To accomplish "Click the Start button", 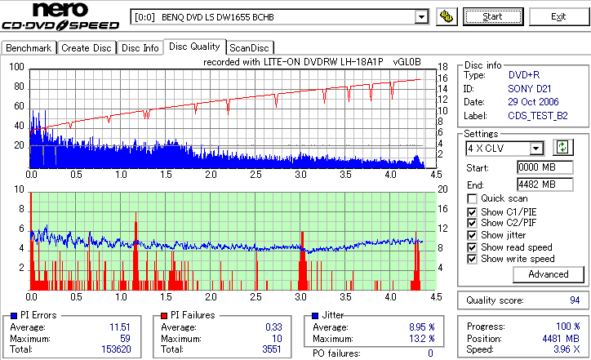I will [493, 16].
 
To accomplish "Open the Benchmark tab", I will [29, 48].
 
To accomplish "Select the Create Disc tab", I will [87, 48].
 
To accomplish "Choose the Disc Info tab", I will [140, 48].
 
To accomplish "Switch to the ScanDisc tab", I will [251, 48].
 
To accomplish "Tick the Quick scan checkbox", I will [472, 198].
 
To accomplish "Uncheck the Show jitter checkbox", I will [472, 235].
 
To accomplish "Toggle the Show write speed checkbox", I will [472, 259].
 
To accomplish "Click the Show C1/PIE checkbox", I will [472, 211].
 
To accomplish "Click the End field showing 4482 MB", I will [538, 184].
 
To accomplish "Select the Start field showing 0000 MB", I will [538, 167].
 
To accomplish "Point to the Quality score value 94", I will [575, 300].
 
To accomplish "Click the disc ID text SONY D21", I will [527, 88].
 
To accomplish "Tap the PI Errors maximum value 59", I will [126, 338].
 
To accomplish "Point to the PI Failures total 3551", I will [271, 349].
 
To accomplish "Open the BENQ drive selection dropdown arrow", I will [421, 16].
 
